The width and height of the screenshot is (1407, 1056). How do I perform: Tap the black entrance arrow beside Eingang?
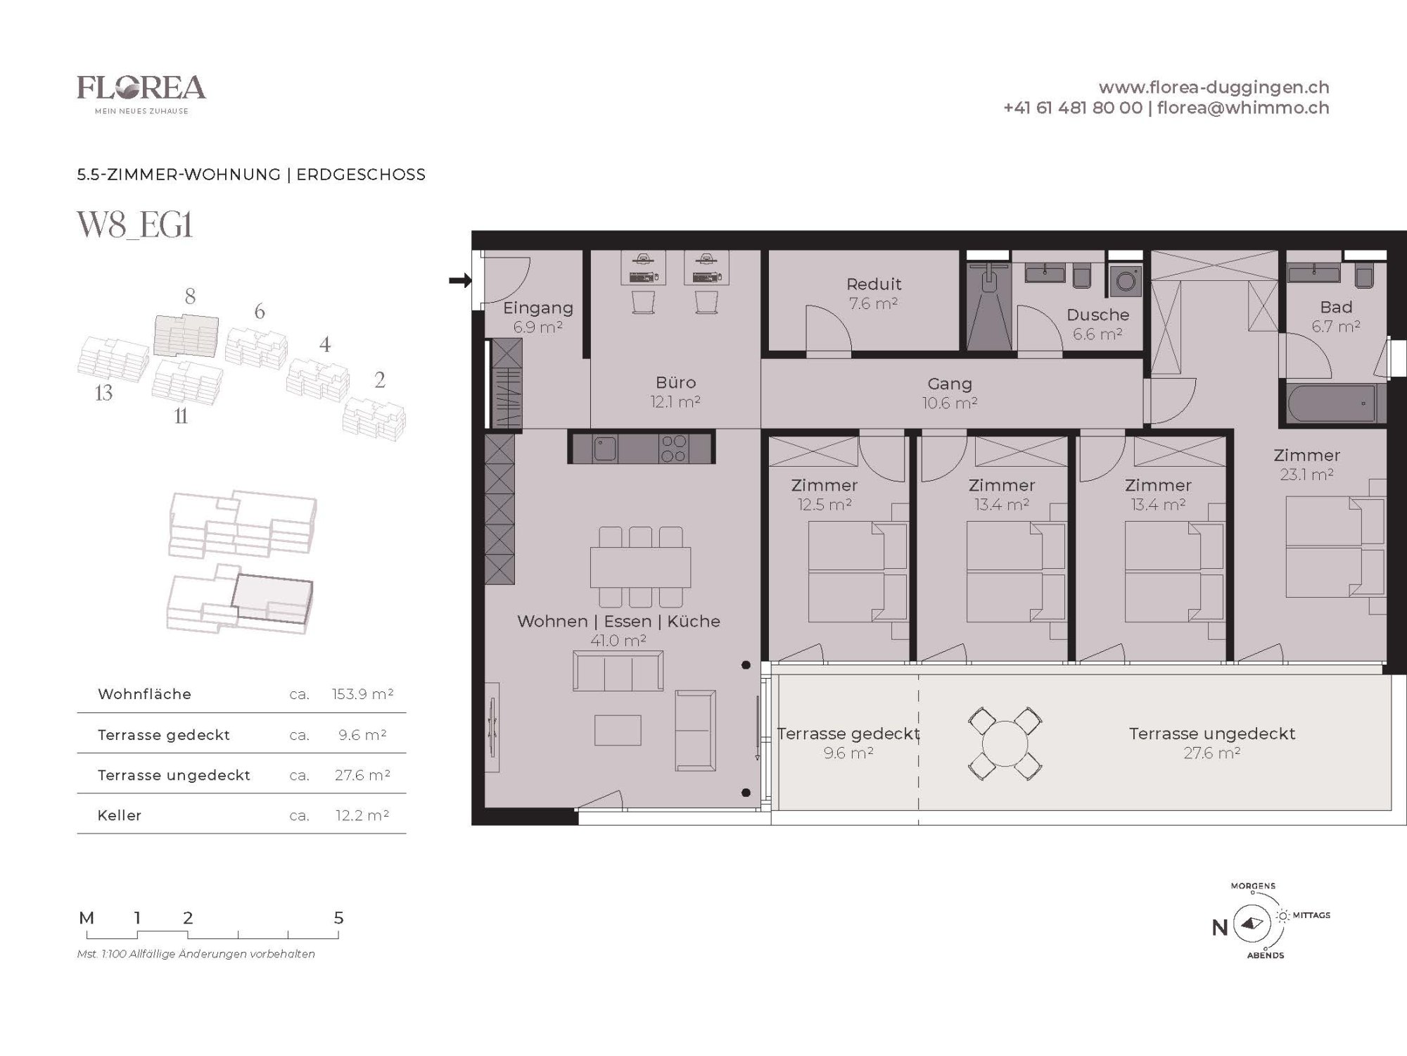tap(460, 281)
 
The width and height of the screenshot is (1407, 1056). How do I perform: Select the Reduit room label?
tap(874, 284)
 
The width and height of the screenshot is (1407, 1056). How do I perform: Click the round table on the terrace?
tap(1005, 743)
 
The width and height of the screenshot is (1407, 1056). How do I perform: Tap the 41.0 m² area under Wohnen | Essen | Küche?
tap(618, 641)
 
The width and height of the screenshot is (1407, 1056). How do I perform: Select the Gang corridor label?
tap(950, 384)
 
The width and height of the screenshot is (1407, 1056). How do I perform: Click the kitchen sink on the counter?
tap(605, 448)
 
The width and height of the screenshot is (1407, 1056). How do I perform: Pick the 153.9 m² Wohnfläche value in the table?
tap(362, 694)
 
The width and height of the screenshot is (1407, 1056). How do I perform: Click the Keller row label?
tap(120, 815)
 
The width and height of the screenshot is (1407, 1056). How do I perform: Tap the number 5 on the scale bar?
tap(338, 918)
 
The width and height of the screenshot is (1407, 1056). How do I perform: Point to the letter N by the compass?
tap(1220, 928)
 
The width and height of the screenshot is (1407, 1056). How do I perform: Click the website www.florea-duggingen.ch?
tap(1214, 87)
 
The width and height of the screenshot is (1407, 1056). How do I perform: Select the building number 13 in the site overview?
tap(103, 393)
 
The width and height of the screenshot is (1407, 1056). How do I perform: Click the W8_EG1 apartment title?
tap(134, 225)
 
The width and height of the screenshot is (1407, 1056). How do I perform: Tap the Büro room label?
tap(675, 382)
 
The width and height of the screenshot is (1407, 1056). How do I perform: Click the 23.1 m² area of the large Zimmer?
tap(1306, 474)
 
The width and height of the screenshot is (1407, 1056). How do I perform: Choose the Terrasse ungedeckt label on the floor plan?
tap(1211, 734)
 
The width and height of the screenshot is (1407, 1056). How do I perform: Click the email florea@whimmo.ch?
tap(1243, 108)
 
